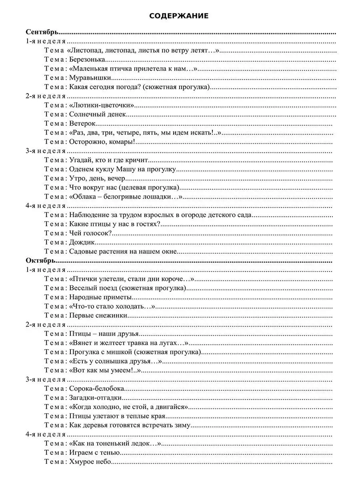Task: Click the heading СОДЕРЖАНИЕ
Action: (179, 16)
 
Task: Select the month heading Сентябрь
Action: (42, 32)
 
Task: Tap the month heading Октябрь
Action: (40, 260)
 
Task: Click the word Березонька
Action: (87, 59)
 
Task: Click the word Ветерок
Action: (82, 124)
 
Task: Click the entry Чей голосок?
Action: (90, 233)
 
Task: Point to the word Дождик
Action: (82, 242)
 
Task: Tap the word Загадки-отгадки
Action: (96, 398)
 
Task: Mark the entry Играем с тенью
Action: (94, 453)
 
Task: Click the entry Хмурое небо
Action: (90, 462)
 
